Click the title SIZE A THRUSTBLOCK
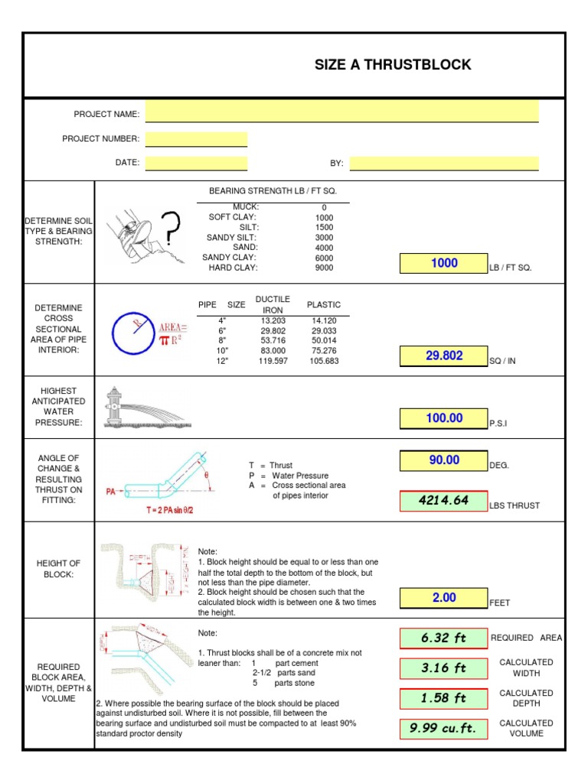[x=393, y=65]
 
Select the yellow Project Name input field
[x=341, y=112]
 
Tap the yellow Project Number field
[x=196, y=139]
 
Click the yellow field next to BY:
[x=444, y=163]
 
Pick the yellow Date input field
[x=196, y=163]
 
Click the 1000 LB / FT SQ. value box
[x=443, y=264]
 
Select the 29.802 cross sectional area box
[x=443, y=356]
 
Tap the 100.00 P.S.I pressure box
[x=443, y=418]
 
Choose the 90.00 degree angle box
[x=443, y=460]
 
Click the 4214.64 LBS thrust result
[x=443, y=501]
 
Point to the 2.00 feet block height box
[x=443, y=598]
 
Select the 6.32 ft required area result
[x=443, y=638]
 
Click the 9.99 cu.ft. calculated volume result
[x=443, y=729]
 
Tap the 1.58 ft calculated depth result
[x=443, y=698]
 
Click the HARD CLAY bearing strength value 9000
[x=324, y=268]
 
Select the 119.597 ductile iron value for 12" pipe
[x=273, y=361]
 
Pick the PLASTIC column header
[x=324, y=304]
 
